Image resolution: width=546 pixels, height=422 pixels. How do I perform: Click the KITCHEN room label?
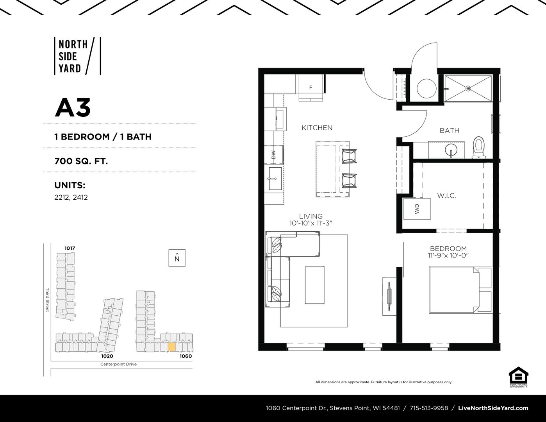coord(317,128)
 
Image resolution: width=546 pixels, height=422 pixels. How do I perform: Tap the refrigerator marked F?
coord(311,88)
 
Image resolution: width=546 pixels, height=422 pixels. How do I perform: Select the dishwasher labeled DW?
coord(274,155)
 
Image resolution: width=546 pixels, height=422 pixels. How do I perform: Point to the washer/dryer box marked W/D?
coord(417,209)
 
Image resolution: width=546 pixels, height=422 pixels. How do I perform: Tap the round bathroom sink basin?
coord(451,150)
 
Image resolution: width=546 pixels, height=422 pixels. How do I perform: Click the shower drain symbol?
coord(468,88)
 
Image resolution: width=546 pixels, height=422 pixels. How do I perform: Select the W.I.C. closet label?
coord(446,196)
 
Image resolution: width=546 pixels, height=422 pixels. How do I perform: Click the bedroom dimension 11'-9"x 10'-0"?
coord(448,256)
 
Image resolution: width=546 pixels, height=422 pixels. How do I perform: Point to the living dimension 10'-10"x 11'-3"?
coord(311,223)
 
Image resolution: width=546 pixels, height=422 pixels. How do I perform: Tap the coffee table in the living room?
coord(315,285)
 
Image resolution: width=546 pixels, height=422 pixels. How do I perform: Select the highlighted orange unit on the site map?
coord(171,347)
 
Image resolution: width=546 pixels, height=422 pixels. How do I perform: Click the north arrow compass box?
coord(177,258)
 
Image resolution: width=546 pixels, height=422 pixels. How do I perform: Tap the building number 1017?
coord(70,249)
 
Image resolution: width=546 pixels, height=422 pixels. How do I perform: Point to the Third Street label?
coord(47,300)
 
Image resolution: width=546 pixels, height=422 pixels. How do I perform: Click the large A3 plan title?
coord(73,108)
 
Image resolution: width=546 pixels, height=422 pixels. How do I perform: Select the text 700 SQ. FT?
coord(81,161)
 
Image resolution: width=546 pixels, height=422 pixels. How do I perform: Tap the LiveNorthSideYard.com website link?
coord(493,408)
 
